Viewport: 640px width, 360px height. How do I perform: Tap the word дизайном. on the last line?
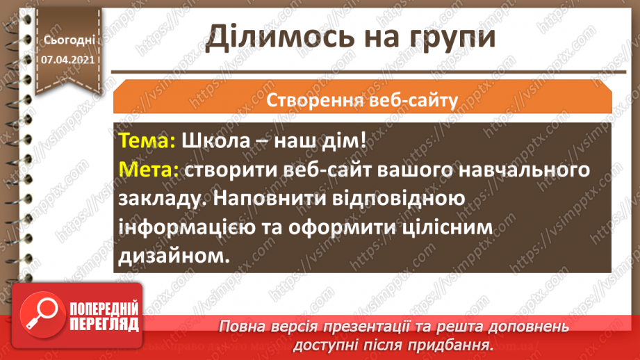click(x=174, y=258)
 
